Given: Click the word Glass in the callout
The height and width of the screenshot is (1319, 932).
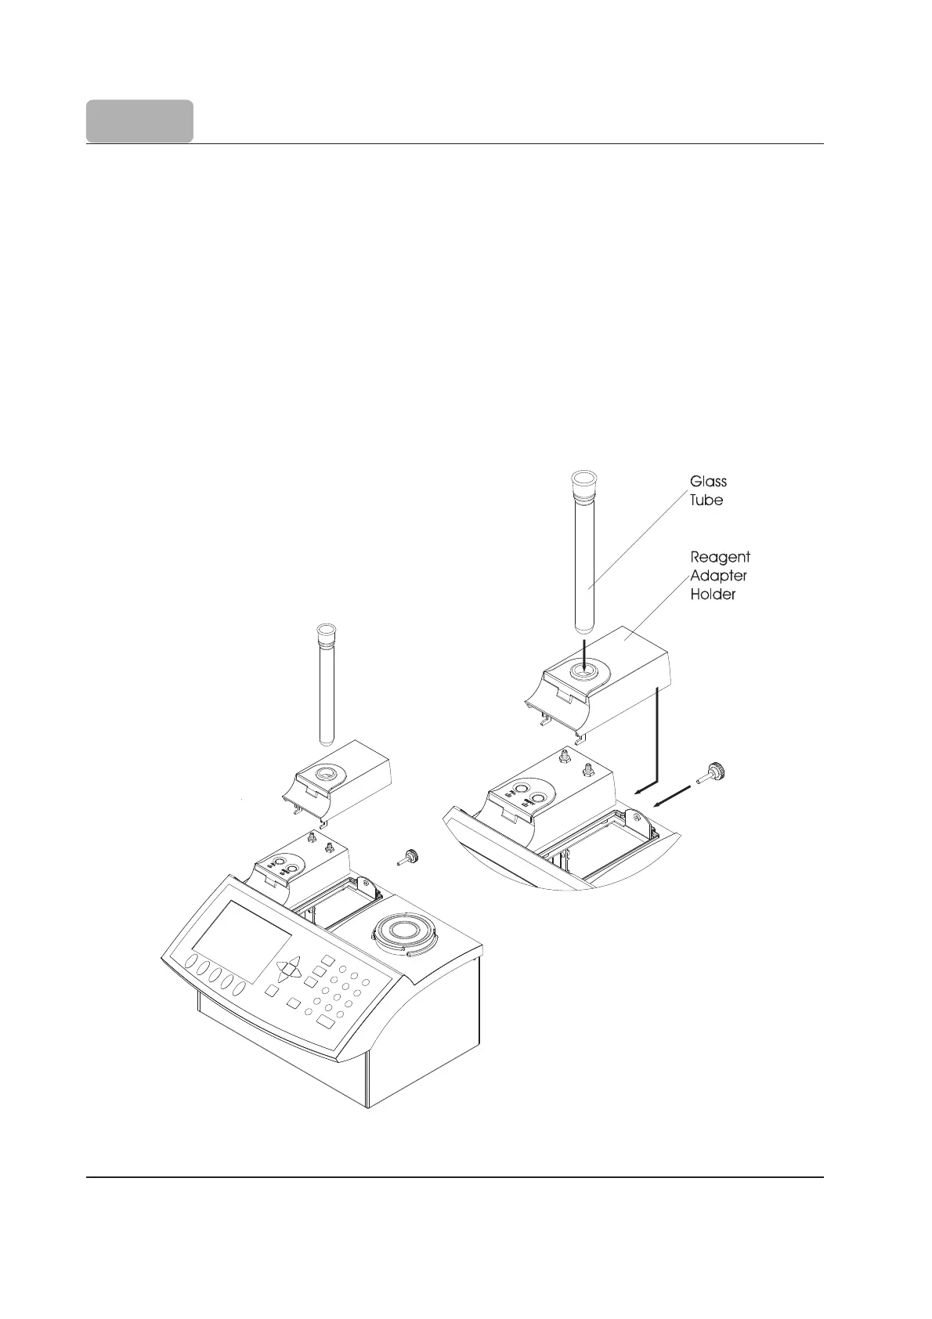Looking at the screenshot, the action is (x=708, y=482).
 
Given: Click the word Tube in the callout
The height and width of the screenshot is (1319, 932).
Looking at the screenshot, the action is (x=706, y=500).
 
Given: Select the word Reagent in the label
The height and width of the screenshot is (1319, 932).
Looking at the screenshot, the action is (x=720, y=557).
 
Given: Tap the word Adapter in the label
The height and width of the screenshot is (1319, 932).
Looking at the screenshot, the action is (x=718, y=576).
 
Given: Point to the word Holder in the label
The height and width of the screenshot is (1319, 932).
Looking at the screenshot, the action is (x=712, y=594).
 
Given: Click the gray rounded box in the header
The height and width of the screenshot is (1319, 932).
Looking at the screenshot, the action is (x=139, y=121).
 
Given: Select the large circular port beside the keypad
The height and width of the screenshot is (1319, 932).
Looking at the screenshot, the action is (x=404, y=934).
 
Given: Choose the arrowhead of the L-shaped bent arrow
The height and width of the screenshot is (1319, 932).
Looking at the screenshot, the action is (x=638, y=791).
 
